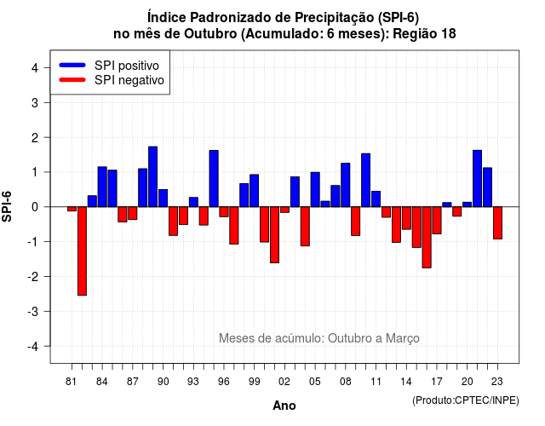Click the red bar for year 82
[x=82, y=250]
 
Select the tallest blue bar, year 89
[x=153, y=176]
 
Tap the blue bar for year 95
[x=214, y=178]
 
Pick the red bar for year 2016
[x=427, y=237]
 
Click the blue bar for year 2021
[x=477, y=178]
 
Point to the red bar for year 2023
[x=497, y=222]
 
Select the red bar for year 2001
[x=274, y=235]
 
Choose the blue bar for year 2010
[x=365, y=180]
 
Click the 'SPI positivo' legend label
[x=127, y=66]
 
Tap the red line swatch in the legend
[x=72, y=80]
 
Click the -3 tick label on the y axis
[x=32, y=311]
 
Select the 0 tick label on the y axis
[x=35, y=207]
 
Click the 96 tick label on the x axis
[x=224, y=382]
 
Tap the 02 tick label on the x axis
[x=284, y=382]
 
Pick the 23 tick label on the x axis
[x=497, y=382]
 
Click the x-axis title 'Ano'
[x=284, y=406]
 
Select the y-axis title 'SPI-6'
[x=7, y=206]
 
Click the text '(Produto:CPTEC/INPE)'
[x=466, y=400]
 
